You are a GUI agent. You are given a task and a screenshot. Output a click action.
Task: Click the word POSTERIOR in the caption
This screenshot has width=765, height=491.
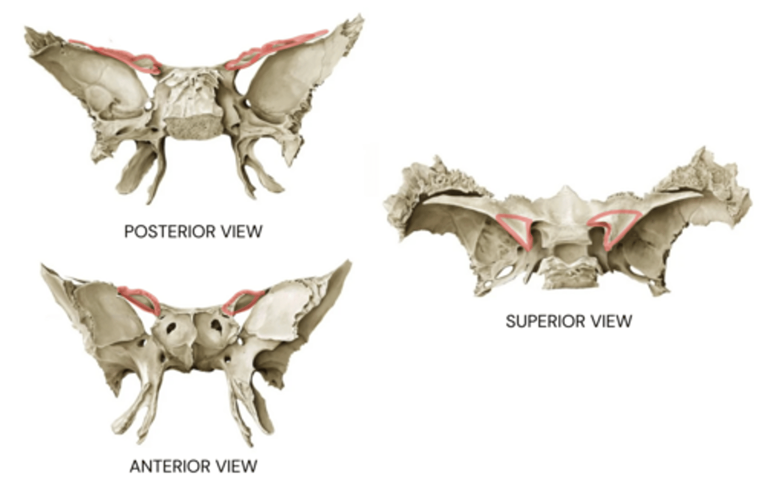170,231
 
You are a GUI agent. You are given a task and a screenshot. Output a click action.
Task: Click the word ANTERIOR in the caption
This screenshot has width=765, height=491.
172,467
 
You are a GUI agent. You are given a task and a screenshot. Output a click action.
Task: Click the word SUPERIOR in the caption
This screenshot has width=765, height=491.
544,321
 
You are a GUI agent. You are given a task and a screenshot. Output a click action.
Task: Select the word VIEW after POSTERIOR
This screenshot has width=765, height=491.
242,231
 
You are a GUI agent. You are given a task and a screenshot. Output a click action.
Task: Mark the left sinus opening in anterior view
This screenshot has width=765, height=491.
171,328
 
